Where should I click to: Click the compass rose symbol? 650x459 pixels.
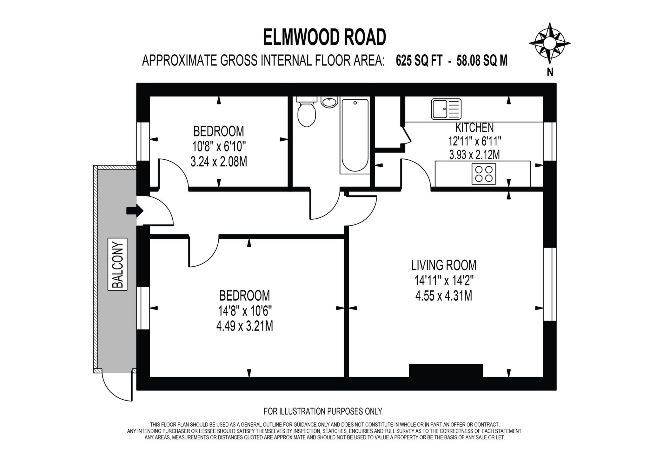(x=550, y=43)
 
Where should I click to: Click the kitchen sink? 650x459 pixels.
(x=446, y=109)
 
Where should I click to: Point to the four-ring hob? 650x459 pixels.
(x=484, y=174)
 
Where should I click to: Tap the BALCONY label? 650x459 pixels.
(x=118, y=264)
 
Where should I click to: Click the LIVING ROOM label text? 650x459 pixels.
(x=444, y=265)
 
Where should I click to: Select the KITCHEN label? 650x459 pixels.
(x=474, y=128)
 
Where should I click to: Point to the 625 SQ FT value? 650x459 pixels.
(x=419, y=61)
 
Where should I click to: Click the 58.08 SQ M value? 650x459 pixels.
(x=482, y=61)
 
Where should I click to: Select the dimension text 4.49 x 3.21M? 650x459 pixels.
(x=244, y=326)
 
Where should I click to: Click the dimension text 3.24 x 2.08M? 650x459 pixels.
(x=219, y=162)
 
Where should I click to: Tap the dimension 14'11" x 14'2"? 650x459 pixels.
(x=444, y=281)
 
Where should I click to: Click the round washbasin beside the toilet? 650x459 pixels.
(x=329, y=102)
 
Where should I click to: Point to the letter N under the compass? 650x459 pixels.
(x=550, y=73)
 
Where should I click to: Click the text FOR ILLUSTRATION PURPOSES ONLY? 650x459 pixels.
(x=323, y=411)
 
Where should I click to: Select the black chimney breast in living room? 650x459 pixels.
(x=446, y=370)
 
